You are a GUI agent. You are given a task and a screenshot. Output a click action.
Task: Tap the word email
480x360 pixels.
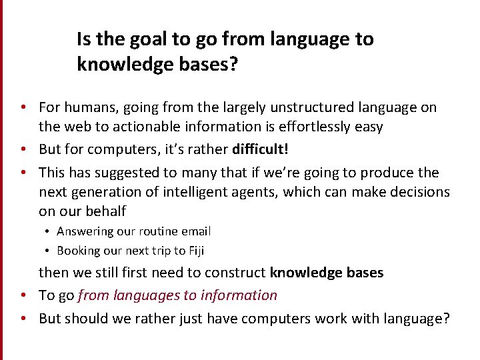tap(197, 231)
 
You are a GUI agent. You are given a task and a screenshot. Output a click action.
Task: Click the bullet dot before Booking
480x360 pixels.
tap(48, 251)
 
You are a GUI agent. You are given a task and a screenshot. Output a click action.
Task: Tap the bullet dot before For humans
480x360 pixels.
tap(23, 107)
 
